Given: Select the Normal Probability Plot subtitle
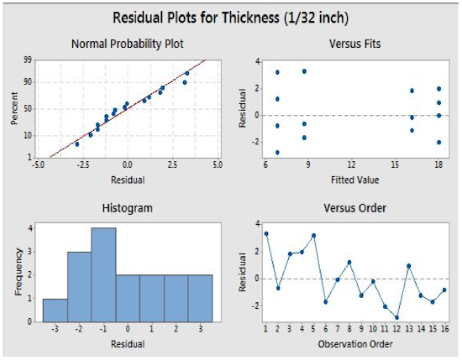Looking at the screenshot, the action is point(128,44).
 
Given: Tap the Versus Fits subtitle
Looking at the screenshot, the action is point(355,44).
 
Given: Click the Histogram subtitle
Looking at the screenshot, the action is point(128,208).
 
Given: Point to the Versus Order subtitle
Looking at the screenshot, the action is point(355,208).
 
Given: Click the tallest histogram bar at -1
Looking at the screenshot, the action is point(103,274).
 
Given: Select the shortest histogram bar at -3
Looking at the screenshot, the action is point(55,310).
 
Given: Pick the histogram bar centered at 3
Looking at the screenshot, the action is point(200,299).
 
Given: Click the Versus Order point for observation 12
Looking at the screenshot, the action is point(396,317).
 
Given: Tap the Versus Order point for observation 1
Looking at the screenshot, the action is point(266,234).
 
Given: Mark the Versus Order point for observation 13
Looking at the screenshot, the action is point(409,266).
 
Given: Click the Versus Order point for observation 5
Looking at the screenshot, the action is point(313,236).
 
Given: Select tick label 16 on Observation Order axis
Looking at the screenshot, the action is point(445,328).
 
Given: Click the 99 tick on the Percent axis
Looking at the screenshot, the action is point(28,60).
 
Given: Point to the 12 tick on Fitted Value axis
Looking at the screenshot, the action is point(351,164).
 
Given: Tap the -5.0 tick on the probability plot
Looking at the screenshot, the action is point(38,164).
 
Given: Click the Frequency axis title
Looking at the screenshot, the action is point(18,272).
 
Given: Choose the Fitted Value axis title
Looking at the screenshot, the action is point(354,180).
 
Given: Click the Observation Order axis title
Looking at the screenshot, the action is point(355,344).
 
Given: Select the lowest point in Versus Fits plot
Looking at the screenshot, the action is point(277,153).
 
